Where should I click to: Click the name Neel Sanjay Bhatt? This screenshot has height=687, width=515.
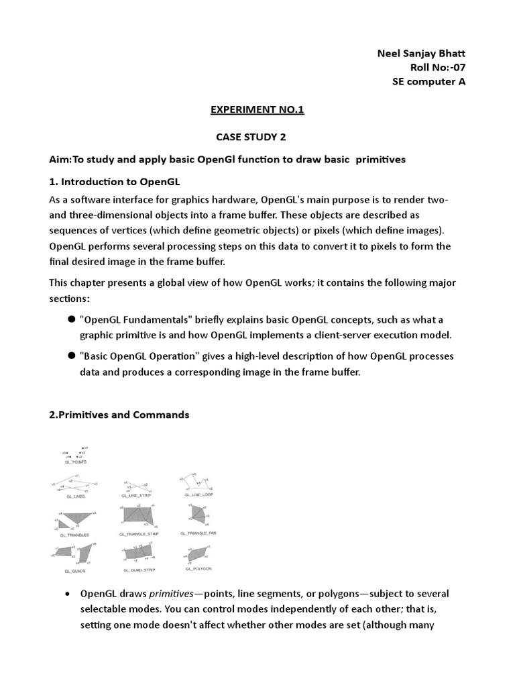point(421,54)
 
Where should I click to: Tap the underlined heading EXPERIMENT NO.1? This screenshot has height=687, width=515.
point(257,110)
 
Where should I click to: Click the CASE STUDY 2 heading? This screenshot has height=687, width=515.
point(251,137)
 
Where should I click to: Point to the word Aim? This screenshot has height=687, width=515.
point(60,160)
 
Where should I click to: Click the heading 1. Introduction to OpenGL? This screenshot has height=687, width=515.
point(115,182)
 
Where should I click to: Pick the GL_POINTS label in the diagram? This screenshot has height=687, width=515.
point(75,462)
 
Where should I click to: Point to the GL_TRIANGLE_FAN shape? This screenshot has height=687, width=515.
point(198,515)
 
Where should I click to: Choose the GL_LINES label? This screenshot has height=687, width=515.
point(75,496)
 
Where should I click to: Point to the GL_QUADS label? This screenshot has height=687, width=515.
point(75,570)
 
